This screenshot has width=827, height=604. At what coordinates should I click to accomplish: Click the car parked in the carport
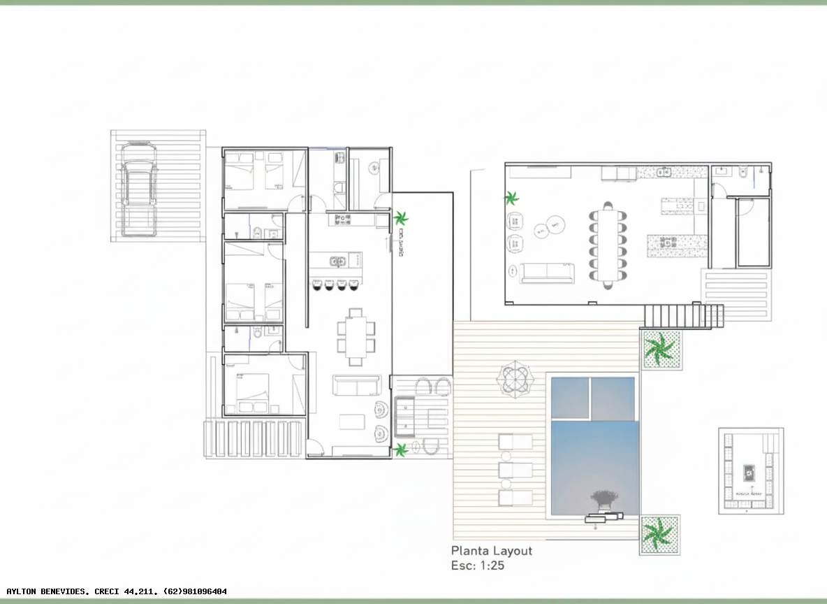(138, 189)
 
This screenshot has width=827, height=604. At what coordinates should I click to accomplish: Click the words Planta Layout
(491, 551)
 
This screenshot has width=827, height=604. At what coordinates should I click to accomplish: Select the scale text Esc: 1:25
(478, 566)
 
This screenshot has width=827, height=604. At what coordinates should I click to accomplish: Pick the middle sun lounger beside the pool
(515, 469)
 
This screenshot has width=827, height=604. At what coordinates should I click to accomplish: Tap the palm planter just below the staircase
(660, 349)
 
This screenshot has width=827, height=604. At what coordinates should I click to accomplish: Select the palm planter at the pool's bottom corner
(659, 535)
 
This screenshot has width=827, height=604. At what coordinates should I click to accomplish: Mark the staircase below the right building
(682, 317)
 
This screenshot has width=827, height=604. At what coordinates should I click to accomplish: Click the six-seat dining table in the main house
(356, 336)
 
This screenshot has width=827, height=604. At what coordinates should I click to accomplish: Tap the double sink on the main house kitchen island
(337, 261)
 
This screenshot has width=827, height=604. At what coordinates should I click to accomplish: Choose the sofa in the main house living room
(356, 385)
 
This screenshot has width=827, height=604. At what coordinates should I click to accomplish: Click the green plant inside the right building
(512, 199)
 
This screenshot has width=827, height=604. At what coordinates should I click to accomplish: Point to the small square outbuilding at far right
(750, 470)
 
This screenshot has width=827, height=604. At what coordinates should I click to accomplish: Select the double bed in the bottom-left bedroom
(252, 394)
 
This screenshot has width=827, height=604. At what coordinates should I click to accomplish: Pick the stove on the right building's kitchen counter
(671, 243)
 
